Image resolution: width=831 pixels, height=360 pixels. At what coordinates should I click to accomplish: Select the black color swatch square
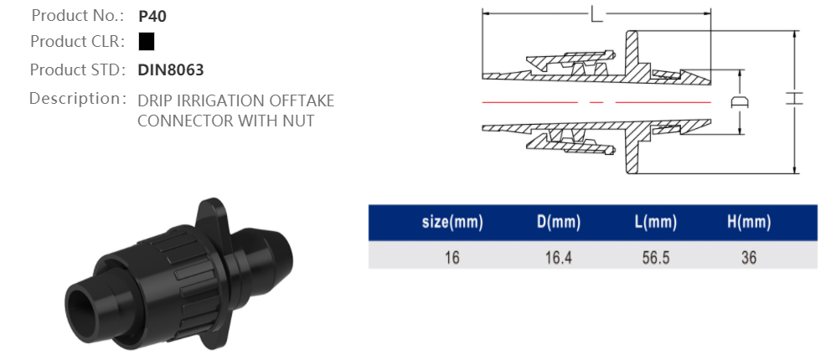(147, 41)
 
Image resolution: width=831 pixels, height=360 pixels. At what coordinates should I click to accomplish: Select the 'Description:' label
(77, 98)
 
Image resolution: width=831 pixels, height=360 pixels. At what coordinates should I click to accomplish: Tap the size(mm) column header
(452, 223)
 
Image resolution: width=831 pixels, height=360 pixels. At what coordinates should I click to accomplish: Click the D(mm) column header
(558, 223)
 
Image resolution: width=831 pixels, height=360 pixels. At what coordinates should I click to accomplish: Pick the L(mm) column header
(654, 223)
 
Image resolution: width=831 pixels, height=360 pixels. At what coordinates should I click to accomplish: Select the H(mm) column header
(748, 223)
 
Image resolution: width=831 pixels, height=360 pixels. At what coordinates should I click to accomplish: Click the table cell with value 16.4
(558, 257)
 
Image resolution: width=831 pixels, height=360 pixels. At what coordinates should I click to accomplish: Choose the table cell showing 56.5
(654, 257)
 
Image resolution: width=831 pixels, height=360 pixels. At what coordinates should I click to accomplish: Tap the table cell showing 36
(748, 257)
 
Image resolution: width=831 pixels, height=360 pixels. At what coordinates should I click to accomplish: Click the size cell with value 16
(452, 257)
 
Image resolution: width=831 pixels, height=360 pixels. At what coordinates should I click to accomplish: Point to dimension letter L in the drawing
(596, 15)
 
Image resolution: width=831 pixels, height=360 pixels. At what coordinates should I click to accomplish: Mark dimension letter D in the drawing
(740, 101)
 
